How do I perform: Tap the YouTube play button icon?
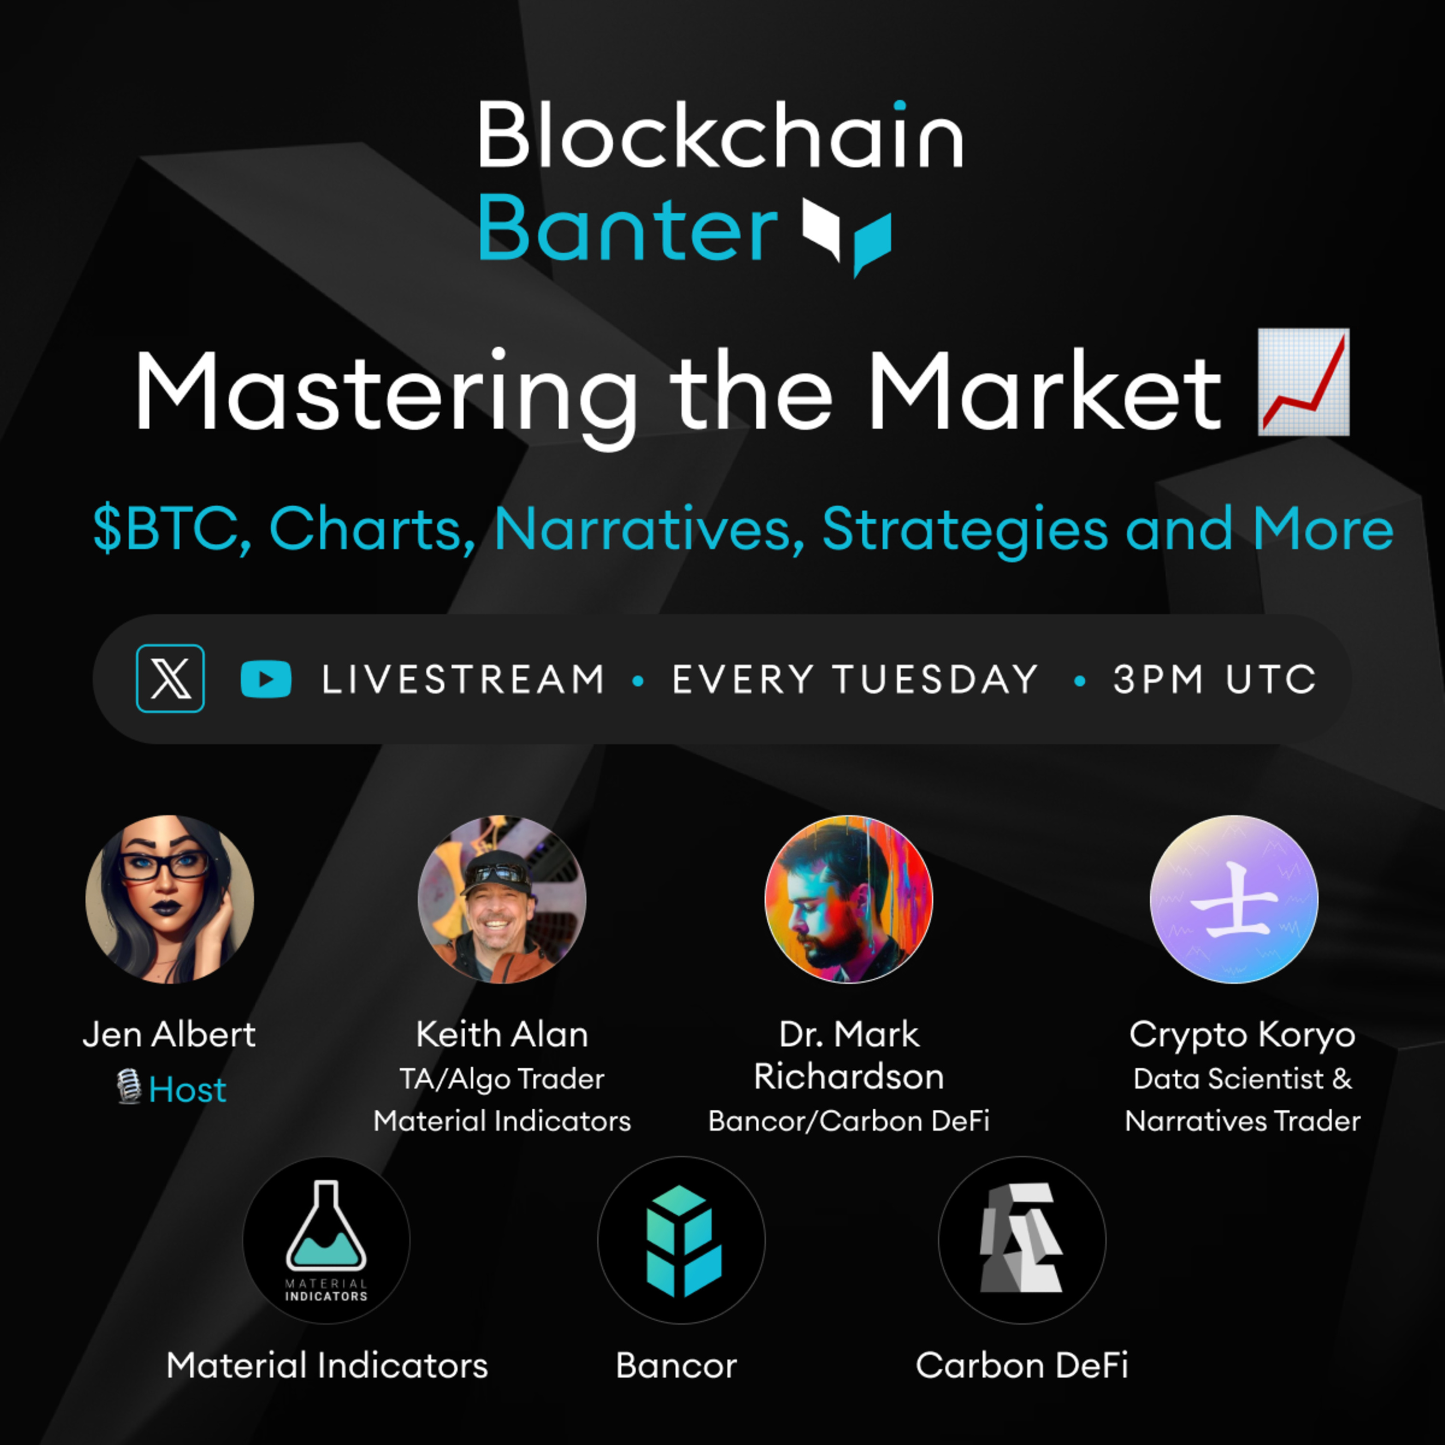pos(265,679)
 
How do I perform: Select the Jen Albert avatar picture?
pos(170,899)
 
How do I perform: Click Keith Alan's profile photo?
pos(502,899)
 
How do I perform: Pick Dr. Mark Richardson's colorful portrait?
pos(849,899)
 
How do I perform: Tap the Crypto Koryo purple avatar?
pos(1234,899)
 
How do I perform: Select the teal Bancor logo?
pos(682,1240)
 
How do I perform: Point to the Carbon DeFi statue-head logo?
pos(1022,1240)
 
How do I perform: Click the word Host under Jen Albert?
pos(187,1090)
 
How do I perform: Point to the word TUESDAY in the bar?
pos(936,679)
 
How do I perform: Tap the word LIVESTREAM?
pos(463,679)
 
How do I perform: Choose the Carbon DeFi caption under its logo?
pos(1022,1365)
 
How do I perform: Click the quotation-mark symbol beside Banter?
pos(847,233)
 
